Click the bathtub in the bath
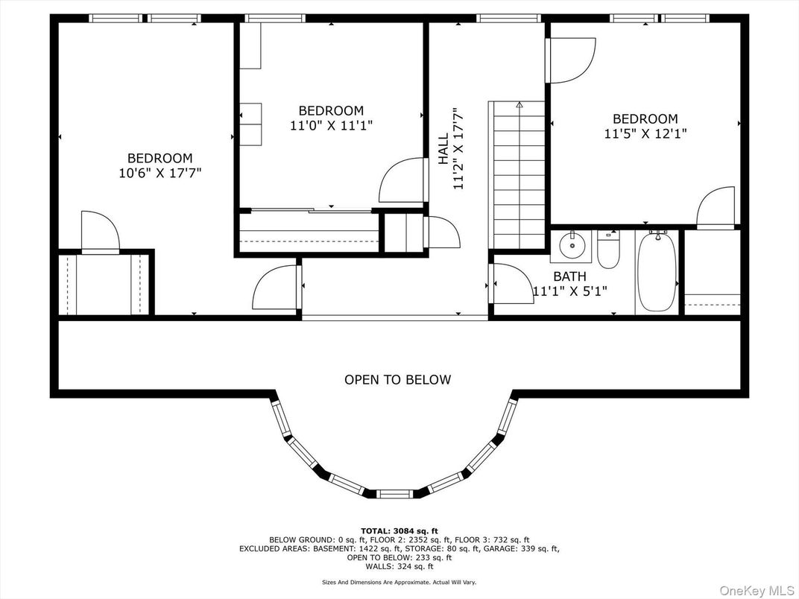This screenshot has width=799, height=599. tap(657, 272)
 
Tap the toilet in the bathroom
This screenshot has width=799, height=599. tap(608, 250)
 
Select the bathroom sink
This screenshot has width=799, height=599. tap(572, 245)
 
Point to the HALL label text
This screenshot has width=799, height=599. tap(443, 149)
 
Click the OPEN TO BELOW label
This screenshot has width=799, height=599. tap(397, 380)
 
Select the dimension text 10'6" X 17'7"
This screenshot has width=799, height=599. tap(160, 173)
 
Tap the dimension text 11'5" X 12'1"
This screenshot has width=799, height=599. tap(645, 134)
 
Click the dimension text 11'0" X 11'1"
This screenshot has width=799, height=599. tap(331, 126)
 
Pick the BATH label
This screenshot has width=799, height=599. tap(569, 276)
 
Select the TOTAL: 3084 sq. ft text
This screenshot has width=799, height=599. tap(399, 530)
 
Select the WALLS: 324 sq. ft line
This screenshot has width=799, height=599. tap(399, 566)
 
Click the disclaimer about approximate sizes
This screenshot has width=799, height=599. tap(399, 583)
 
